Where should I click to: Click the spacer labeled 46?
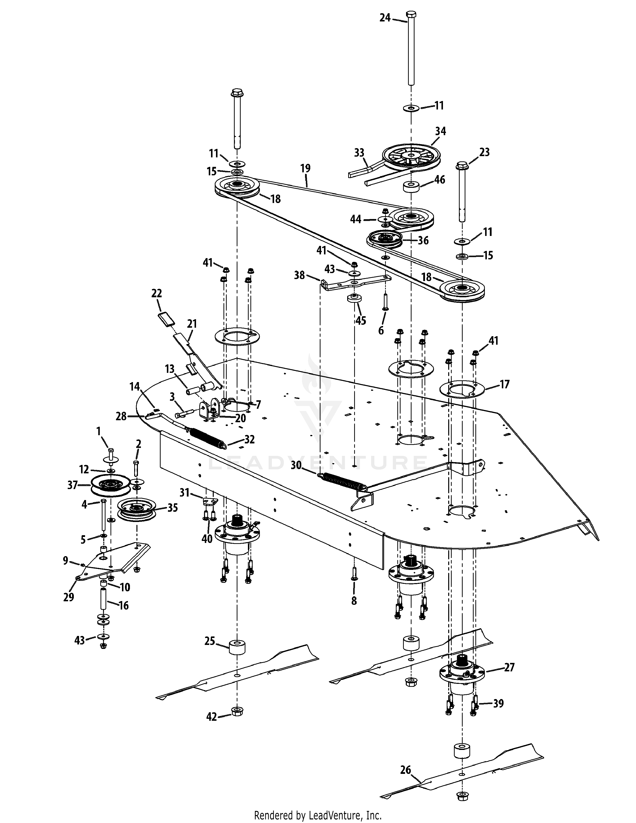click(x=412, y=187)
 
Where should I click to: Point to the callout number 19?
click(x=306, y=168)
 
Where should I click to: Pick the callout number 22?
click(x=156, y=293)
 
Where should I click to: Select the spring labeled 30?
click(x=343, y=481)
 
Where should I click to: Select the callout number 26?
click(x=405, y=769)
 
